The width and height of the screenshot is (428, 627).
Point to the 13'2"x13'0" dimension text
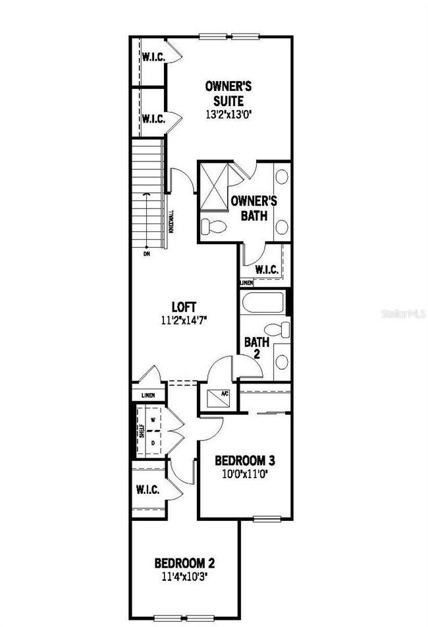229,113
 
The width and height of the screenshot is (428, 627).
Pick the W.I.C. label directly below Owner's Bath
266,270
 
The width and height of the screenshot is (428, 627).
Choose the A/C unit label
224,394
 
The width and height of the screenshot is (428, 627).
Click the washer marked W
152,419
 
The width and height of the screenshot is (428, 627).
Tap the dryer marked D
152,443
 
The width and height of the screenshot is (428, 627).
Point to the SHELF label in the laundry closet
140,431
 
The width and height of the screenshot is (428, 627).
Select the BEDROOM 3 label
245,460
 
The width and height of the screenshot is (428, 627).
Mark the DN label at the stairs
146,253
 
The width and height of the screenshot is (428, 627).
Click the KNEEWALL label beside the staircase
171,222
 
